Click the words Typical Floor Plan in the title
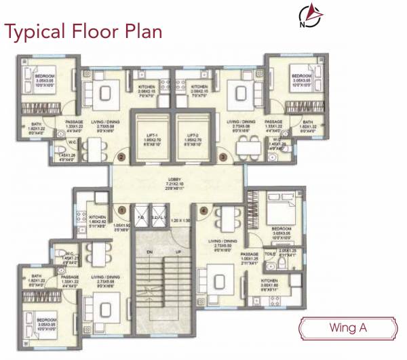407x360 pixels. [x=84, y=31]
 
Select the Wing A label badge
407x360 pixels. [x=347, y=328]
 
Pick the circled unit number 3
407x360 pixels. [x=224, y=158]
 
